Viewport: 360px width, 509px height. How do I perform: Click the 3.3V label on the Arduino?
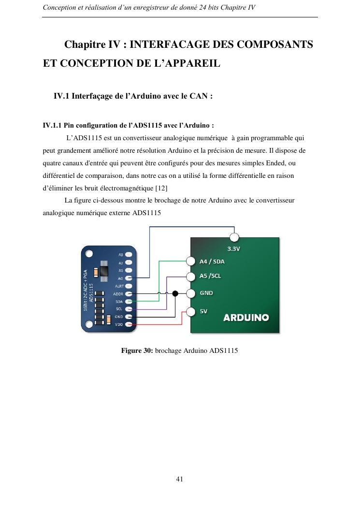pos(233,248)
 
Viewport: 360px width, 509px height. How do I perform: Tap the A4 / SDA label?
pos(212,262)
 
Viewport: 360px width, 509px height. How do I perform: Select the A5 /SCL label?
pos(210,276)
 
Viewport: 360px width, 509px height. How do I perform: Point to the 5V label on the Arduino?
pos(203,311)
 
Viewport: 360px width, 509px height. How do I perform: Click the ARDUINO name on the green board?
pos(246,317)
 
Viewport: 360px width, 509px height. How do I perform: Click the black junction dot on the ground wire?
pos(175,293)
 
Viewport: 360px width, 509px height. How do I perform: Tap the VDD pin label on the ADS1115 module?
pos(119,324)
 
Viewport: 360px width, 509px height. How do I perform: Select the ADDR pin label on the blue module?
pos(118,294)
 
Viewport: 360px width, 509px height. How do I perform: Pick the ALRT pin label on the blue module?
pos(119,286)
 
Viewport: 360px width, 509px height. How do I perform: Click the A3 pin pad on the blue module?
pos(129,255)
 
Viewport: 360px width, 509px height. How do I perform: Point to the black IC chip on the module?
pos(104,271)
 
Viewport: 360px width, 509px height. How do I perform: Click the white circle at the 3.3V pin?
pos(234,238)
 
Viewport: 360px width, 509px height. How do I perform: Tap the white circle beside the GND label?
pos(191,293)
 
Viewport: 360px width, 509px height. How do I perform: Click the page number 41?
pos(179,479)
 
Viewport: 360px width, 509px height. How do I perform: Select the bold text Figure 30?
pos(137,350)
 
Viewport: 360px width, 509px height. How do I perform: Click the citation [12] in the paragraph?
pos(161,188)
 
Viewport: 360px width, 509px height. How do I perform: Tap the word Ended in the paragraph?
pos(275,163)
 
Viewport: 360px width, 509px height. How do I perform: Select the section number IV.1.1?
pos(52,125)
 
